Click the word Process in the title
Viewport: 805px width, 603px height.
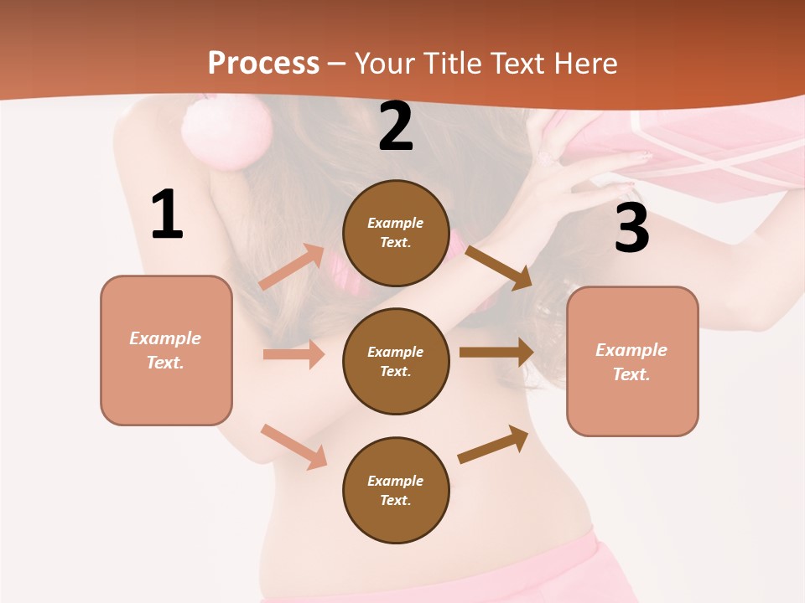(x=263, y=63)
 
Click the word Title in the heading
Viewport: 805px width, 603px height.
(x=453, y=63)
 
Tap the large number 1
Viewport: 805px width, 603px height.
(x=167, y=215)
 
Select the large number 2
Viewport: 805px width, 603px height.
(x=396, y=126)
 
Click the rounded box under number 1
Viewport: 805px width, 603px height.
(x=166, y=350)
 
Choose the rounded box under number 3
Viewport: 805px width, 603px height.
(x=632, y=361)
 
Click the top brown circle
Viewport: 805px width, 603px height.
(x=396, y=233)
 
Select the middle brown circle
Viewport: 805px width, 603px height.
(x=396, y=361)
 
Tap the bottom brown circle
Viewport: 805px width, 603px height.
(x=396, y=490)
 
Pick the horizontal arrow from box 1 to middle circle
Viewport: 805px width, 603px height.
(x=293, y=354)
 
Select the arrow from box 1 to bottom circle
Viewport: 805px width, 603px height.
(x=293, y=446)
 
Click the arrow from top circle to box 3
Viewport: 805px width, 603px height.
(x=498, y=267)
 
